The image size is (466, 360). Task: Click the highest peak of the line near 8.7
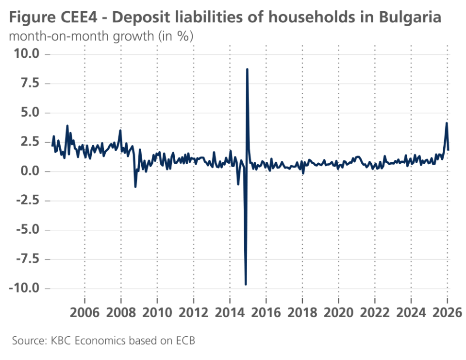(x=247, y=69)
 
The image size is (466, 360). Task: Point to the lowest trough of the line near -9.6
(x=246, y=284)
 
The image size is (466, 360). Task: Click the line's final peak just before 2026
(x=446, y=123)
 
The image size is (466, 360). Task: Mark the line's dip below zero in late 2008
(x=135, y=187)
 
